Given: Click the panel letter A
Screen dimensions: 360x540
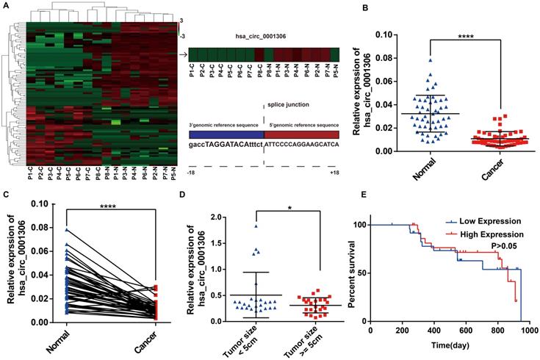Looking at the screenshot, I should click(x=6, y=5).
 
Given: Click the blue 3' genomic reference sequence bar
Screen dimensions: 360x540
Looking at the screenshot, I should click(x=226, y=134).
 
